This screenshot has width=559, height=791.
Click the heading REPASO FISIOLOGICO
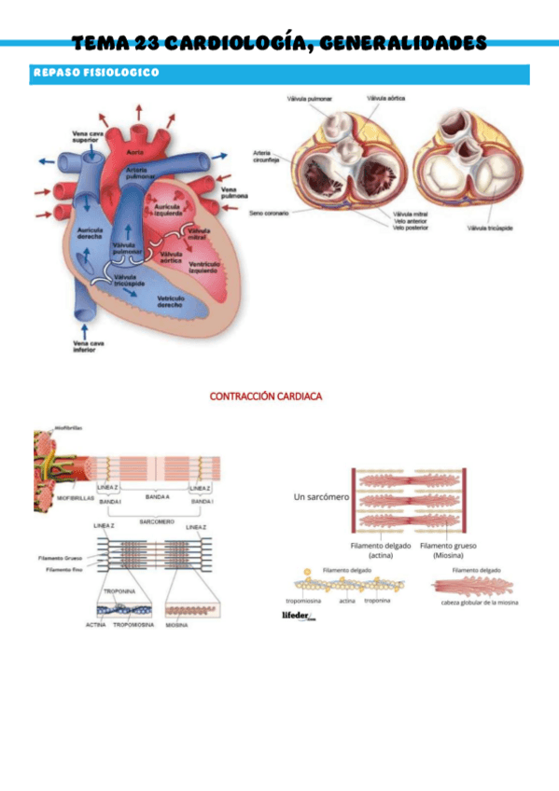[x=96, y=72]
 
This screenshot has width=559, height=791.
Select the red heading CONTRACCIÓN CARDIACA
[x=265, y=396]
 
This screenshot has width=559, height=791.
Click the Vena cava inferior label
[x=91, y=348]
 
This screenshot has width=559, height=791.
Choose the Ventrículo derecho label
[x=169, y=300]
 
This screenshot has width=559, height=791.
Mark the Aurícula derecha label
[x=91, y=232]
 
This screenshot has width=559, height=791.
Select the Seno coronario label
[x=269, y=213]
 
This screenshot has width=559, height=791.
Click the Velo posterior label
[x=410, y=227]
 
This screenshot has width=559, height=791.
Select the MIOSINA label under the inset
[x=177, y=624]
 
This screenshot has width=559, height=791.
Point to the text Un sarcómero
[x=320, y=497]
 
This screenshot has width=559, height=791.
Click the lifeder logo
[x=300, y=616]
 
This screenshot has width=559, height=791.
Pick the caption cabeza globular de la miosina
[x=480, y=603]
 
